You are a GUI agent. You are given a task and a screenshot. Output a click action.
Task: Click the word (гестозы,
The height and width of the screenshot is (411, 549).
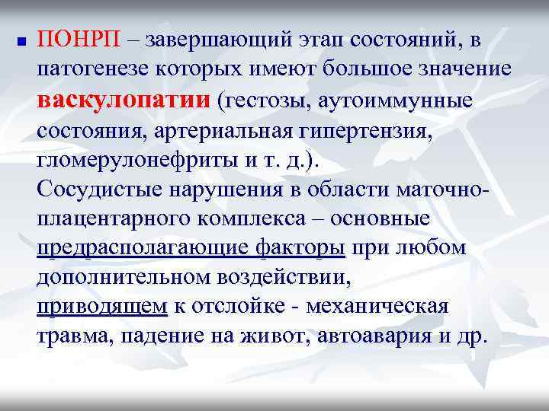click(x=260, y=100)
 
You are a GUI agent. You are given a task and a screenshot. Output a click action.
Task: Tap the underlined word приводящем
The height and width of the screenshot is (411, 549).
click(x=101, y=307)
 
